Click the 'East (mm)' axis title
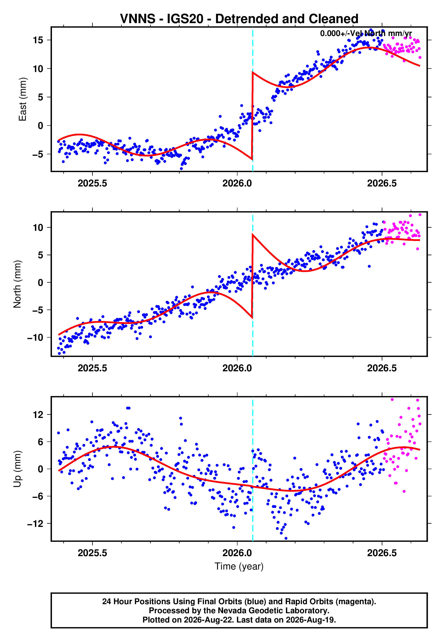tap(23, 99)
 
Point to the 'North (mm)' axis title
tap(17, 284)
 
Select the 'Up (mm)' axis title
tap(17, 469)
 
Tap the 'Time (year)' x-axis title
tap(239, 567)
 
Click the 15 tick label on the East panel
tap(38, 40)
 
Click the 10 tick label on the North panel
tap(38, 227)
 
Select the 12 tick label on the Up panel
tap(38, 415)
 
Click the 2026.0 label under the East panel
tap(237, 183)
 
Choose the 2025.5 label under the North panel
tap(92, 368)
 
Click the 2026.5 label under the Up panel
tap(382, 553)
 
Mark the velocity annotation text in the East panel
tap(366, 33)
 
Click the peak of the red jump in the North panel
tap(253, 234)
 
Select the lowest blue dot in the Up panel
tap(286, 538)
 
